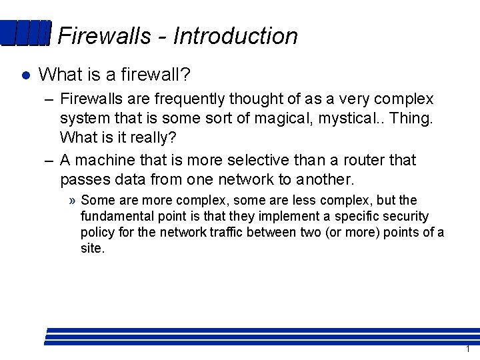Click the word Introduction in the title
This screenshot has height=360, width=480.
pos(235,36)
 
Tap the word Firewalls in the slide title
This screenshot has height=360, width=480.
pos(105,36)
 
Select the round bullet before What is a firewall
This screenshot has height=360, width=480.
pos(25,75)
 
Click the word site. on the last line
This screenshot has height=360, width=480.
pos(93,249)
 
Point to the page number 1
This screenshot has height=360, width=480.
pos(468,349)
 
